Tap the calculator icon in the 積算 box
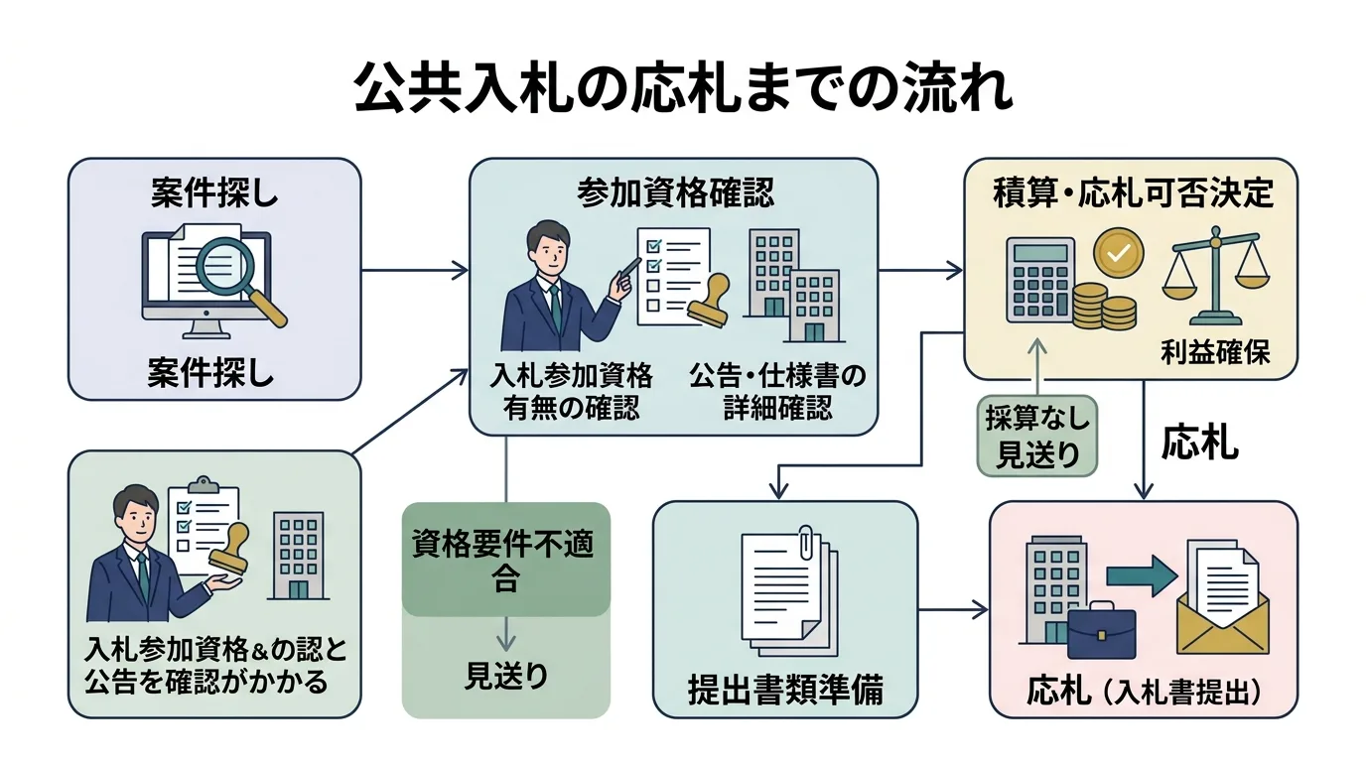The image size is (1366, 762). (1039, 279)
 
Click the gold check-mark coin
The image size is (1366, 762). (1118, 253)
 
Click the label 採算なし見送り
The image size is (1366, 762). (1036, 437)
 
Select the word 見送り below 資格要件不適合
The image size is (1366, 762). (505, 676)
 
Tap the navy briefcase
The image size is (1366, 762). (1101, 630)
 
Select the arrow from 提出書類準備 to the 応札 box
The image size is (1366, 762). (953, 609)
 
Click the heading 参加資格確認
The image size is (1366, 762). (674, 194)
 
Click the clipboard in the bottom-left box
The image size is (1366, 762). (204, 521)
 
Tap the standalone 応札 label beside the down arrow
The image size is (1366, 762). (1199, 443)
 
